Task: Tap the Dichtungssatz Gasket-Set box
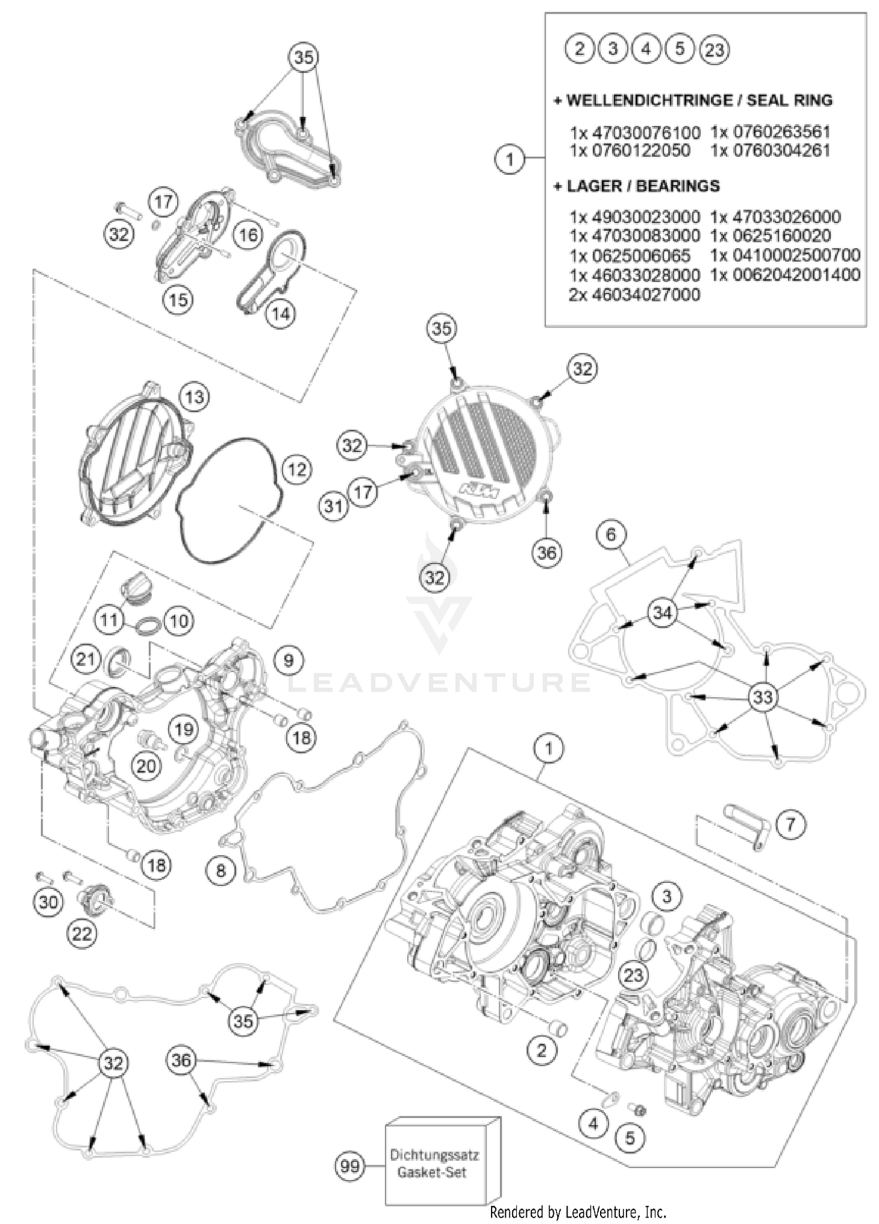(434, 1164)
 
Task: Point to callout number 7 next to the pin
(790, 824)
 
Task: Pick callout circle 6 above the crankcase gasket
(611, 534)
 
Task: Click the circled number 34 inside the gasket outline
(662, 613)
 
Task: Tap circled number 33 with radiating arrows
(762, 697)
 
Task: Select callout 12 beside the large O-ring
(297, 469)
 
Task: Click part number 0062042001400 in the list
(785, 274)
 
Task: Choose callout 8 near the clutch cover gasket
(220, 870)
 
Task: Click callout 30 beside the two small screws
(48, 902)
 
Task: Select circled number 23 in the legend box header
(714, 49)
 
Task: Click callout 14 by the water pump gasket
(281, 314)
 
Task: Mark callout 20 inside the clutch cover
(146, 765)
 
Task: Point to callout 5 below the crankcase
(629, 1138)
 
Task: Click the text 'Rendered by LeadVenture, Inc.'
(578, 1211)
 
